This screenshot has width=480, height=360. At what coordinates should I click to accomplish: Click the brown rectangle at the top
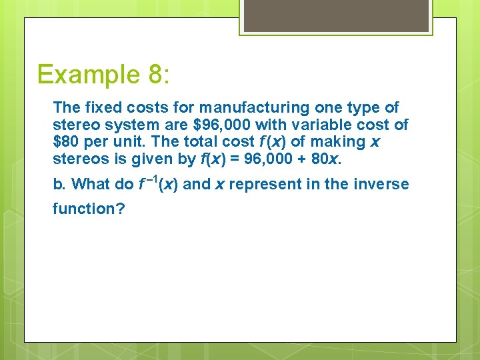coord(335,15)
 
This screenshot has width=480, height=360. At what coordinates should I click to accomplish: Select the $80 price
coord(65,141)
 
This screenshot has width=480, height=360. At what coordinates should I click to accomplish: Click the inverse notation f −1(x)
coord(159,183)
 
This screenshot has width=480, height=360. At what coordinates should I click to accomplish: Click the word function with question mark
coord(85,209)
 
